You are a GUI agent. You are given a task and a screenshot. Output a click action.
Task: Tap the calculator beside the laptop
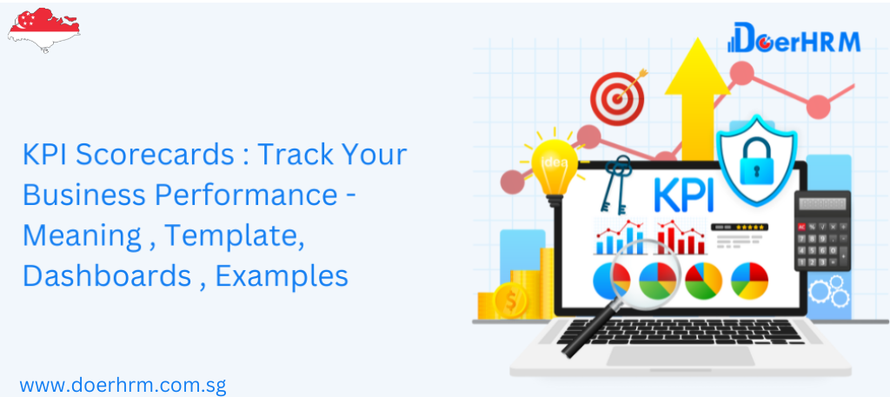[x=823, y=229]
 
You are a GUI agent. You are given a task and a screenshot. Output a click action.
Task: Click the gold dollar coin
[x=509, y=301]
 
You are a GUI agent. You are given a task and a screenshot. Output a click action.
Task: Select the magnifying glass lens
[x=636, y=279]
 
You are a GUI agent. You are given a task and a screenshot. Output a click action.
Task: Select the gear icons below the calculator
[x=830, y=289]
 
